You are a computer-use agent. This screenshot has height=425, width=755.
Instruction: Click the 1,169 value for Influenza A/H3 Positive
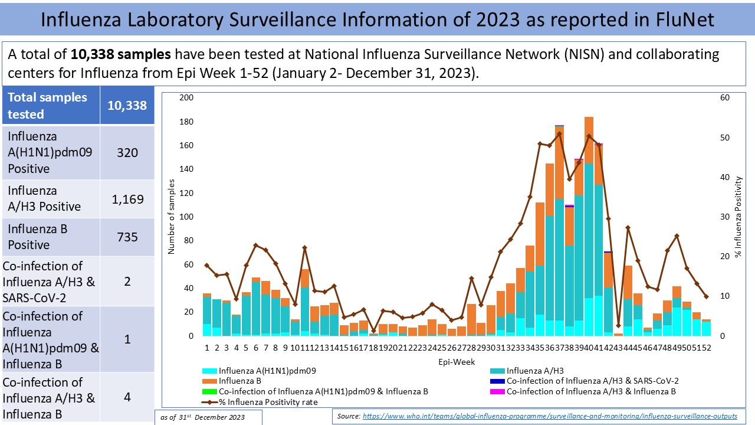coord(127,199)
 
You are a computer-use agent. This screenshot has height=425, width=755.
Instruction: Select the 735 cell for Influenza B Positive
coord(127,237)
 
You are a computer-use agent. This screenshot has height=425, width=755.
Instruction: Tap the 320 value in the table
coord(127,153)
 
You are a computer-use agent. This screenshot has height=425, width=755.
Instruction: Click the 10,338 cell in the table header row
coord(127,106)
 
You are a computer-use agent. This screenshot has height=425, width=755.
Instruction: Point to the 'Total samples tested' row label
coord(47,106)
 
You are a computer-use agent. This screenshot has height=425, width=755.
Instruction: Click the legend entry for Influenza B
coord(236,381)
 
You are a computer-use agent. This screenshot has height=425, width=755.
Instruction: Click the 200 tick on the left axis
coord(186,97)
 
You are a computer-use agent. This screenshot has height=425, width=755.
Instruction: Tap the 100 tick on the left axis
coord(186,217)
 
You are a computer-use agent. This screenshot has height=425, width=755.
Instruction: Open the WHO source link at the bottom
coord(550,416)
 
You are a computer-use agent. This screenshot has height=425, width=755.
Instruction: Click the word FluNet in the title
coord(678,19)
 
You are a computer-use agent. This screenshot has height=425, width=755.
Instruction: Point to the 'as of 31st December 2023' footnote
coord(211,417)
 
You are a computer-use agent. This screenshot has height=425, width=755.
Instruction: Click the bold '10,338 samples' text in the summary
coord(121,55)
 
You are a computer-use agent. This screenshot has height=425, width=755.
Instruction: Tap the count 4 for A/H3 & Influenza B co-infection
coord(127,397)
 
